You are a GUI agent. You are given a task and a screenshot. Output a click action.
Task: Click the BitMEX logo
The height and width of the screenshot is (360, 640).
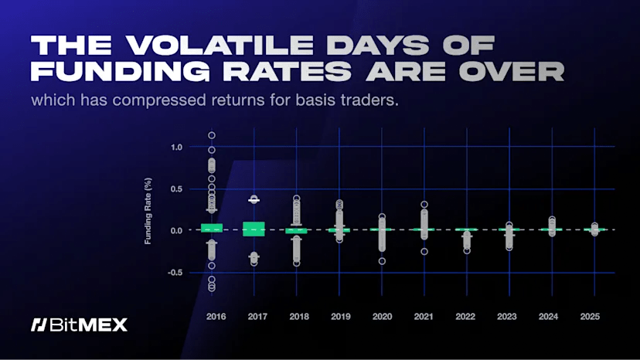[x=79, y=324]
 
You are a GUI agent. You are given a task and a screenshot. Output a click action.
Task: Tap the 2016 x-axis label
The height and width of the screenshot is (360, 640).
[x=216, y=317]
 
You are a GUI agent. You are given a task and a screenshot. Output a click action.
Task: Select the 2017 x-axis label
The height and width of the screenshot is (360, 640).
[x=258, y=317]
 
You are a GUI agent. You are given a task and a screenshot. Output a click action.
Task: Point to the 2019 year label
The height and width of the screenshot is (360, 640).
[x=341, y=317]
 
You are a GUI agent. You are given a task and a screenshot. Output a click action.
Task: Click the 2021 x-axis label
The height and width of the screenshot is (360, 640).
[x=424, y=317]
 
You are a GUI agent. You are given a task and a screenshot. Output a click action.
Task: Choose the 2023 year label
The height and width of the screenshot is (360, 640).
[x=507, y=317]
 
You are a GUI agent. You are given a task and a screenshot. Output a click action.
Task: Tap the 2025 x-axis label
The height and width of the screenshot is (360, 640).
[x=590, y=317]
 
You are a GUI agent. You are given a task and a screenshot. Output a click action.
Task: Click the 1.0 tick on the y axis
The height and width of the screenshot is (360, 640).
[x=176, y=147]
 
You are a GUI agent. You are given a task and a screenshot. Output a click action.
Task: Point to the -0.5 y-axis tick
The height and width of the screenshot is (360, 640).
[x=175, y=273]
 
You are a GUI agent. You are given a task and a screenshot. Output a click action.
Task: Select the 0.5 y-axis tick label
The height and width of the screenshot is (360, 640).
[x=176, y=188]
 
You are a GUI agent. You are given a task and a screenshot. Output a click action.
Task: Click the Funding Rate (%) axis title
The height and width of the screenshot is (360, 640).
[x=148, y=209]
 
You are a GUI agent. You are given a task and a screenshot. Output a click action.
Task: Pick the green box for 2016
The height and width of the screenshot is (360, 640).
[x=212, y=228]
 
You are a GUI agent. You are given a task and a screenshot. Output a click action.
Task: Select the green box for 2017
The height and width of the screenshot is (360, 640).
[x=254, y=229]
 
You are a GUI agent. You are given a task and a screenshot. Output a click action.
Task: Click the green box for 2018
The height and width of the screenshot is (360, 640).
[x=296, y=230]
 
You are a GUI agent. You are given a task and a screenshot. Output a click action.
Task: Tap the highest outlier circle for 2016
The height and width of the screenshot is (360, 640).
[x=212, y=135]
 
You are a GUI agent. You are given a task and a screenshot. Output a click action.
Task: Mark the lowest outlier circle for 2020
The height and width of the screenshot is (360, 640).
[x=382, y=261]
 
